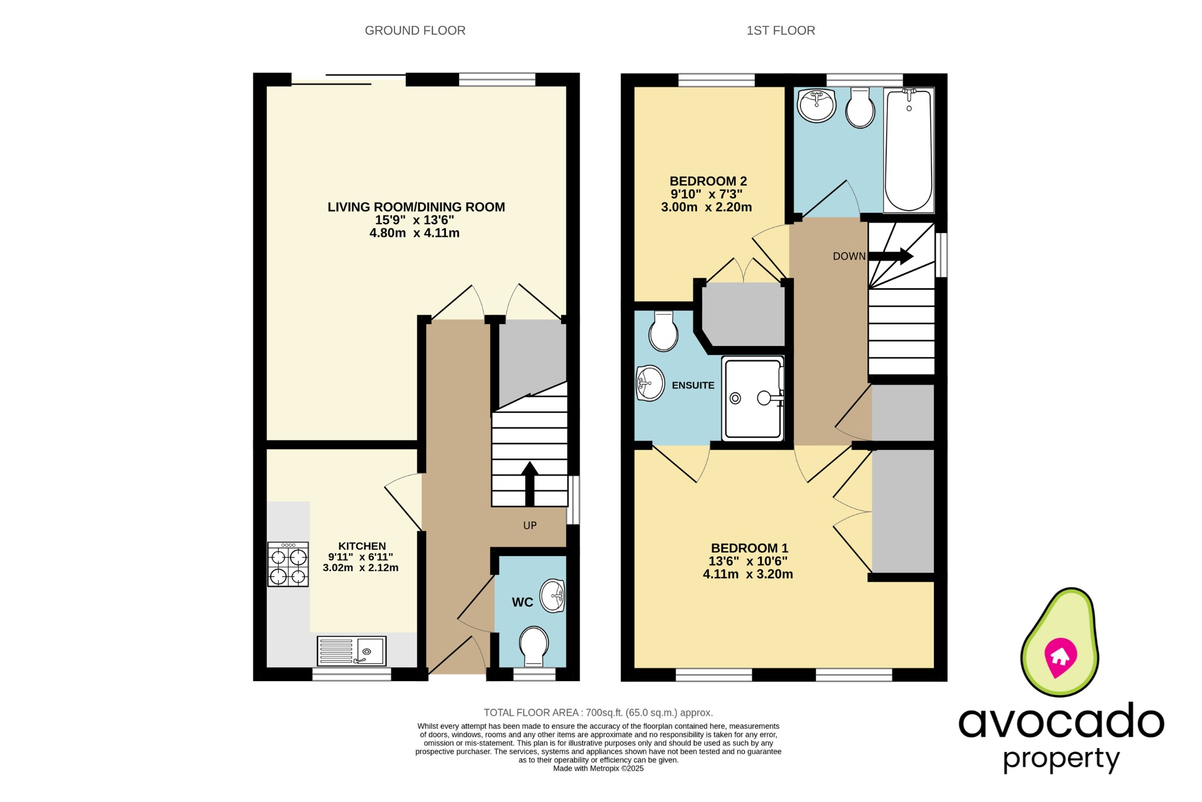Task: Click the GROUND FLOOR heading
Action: (x=415, y=31)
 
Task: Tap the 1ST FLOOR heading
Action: (x=780, y=31)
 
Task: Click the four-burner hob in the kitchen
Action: (x=288, y=564)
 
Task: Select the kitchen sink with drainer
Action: (x=352, y=651)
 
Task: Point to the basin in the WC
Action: (x=552, y=596)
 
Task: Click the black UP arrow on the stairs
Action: (x=529, y=484)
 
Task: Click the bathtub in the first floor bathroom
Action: (x=908, y=150)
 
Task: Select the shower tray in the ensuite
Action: (x=753, y=399)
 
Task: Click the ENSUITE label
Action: (x=693, y=386)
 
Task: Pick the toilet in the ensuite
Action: (x=663, y=332)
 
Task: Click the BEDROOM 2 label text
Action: (x=708, y=181)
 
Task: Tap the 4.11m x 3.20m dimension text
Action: (x=748, y=574)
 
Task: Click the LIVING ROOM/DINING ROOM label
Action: (x=416, y=207)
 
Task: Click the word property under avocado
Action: (x=1061, y=759)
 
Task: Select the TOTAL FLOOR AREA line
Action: (x=598, y=713)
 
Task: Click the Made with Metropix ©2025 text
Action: (x=598, y=769)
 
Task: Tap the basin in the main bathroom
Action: (x=816, y=106)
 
